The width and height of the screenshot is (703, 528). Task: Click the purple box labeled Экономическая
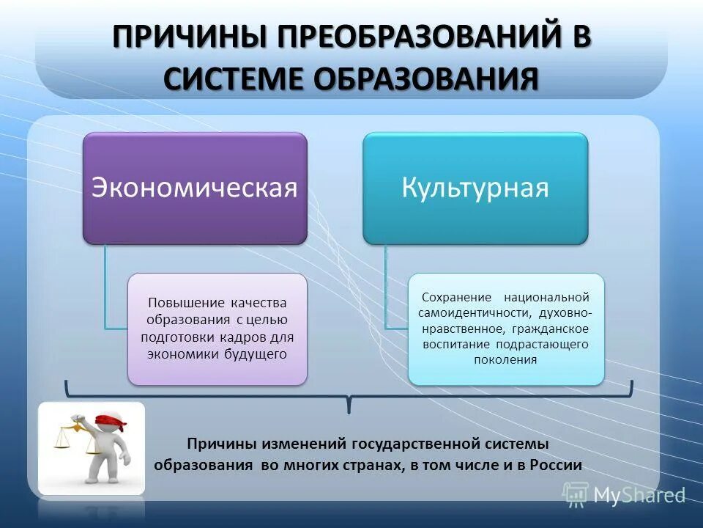[x=194, y=188]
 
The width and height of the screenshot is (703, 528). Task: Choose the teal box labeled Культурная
[x=475, y=188]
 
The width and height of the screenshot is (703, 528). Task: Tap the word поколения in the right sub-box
[x=506, y=360]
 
